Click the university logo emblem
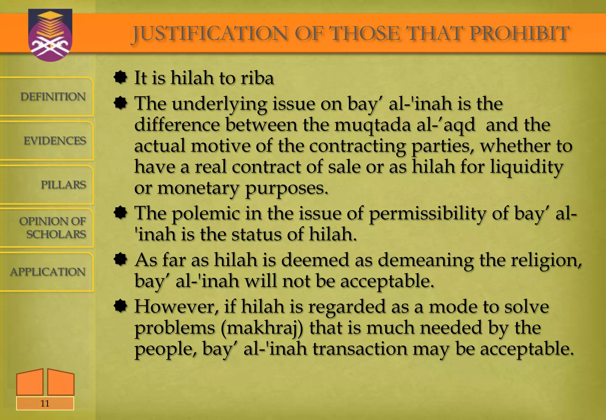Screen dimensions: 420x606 (x=50, y=35)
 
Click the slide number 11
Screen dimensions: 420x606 (x=45, y=403)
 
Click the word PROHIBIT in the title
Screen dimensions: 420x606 (x=519, y=33)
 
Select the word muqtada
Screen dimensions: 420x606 (x=373, y=125)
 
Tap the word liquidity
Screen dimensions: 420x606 (x=527, y=167)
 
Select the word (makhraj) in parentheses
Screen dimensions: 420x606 (x=262, y=328)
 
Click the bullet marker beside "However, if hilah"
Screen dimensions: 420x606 (x=120, y=306)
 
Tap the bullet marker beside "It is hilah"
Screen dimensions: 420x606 (x=120, y=78)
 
